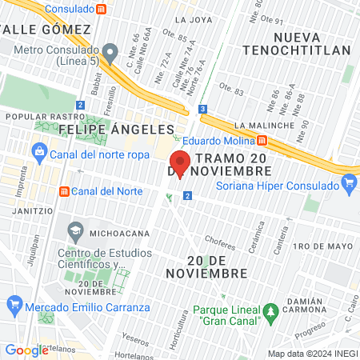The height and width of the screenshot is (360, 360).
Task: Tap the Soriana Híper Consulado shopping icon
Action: (348, 183)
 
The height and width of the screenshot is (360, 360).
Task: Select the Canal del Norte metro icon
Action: (64, 191)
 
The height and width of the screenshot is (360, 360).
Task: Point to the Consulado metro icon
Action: (101, 9)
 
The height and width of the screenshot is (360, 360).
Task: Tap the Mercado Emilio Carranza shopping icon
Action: (14, 304)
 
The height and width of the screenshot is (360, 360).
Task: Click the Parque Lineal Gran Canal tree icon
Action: (270, 310)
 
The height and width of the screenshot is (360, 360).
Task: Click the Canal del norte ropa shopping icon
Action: (38, 151)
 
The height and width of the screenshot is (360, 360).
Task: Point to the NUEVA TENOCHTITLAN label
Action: (311, 43)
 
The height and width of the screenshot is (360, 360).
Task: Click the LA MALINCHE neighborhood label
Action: (261, 125)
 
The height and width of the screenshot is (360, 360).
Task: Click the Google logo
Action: (26, 350)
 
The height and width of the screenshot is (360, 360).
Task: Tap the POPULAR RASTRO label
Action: (34, 116)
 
